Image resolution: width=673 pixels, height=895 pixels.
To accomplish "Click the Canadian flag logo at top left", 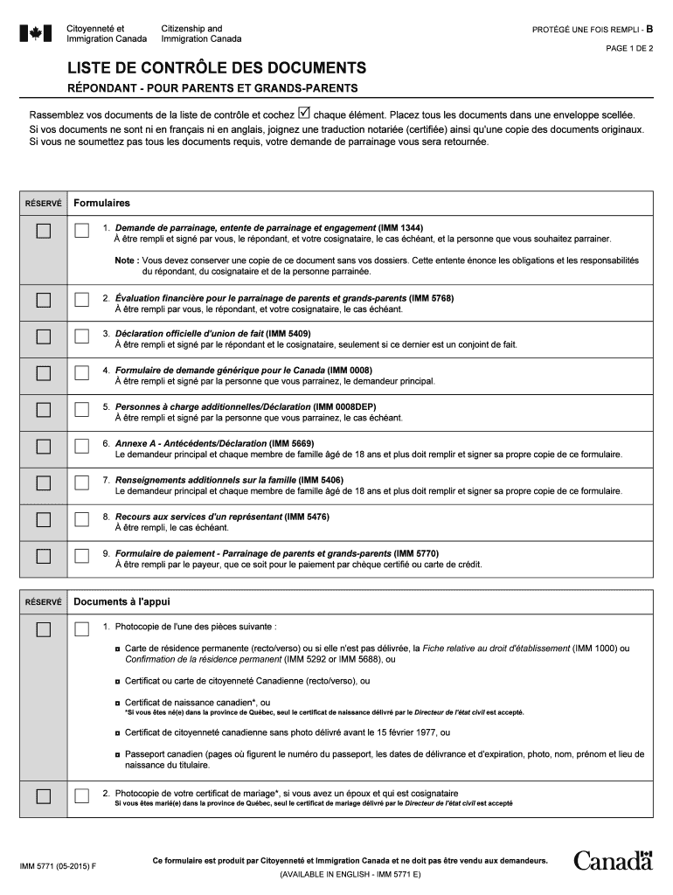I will [x=37, y=33].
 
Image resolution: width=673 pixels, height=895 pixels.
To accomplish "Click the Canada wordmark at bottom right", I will [x=613, y=861].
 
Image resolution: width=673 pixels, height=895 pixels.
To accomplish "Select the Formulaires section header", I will [x=101, y=203].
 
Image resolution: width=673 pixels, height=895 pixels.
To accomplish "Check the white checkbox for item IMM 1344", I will [x=82, y=232].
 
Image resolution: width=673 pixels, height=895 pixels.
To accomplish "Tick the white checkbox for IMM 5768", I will [x=82, y=300].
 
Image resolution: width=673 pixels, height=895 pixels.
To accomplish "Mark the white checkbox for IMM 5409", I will [x=82, y=336].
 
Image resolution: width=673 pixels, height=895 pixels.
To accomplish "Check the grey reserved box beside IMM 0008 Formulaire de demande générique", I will [x=43, y=373].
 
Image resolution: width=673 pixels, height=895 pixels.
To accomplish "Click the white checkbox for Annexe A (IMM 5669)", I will [x=82, y=447].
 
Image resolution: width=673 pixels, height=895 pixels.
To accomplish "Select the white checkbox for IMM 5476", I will [x=82, y=519].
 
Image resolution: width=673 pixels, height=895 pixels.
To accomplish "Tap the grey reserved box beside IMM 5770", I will [x=43, y=556].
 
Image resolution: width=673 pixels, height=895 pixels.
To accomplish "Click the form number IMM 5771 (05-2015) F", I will [x=58, y=866].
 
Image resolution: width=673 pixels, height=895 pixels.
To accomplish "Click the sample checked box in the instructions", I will [x=304, y=113].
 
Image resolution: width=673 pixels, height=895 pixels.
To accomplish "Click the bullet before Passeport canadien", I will [x=118, y=753].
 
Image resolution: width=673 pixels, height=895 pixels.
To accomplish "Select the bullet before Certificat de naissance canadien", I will [x=118, y=702].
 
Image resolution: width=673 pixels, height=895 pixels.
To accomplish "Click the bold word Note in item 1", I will [x=125, y=260].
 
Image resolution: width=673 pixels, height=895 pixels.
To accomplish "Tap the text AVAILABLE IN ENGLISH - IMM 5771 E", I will [x=350, y=874].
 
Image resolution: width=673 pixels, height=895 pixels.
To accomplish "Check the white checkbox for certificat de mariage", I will [x=82, y=795].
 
